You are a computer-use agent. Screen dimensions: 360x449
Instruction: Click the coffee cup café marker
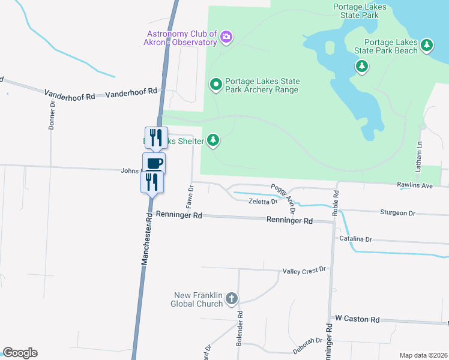point(154,163)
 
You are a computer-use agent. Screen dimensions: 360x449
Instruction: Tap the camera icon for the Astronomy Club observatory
point(226,38)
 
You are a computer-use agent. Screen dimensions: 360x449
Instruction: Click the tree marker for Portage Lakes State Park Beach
point(427,45)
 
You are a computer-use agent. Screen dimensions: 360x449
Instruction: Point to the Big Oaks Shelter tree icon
point(212,140)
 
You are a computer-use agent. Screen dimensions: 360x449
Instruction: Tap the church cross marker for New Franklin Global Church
point(232,299)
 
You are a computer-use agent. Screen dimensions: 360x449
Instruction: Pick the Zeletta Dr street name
point(263,202)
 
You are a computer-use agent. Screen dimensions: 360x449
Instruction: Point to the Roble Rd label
point(336,203)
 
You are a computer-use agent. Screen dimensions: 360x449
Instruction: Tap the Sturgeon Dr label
point(397,213)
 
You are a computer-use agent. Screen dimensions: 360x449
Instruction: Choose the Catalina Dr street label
point(355,239)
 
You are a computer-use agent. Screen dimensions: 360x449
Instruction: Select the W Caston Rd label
point(357,319)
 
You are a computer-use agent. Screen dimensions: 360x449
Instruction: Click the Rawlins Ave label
point(414,186)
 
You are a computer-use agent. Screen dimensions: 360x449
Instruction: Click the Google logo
point(20,353)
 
